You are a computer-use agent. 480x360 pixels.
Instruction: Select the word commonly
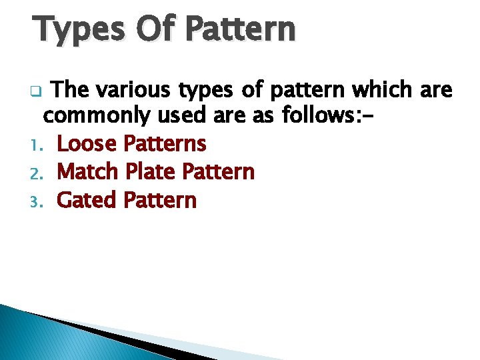coord(97,116)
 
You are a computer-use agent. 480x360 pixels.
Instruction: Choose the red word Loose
coord(87,143)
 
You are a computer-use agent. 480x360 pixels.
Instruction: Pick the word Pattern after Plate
coord(219,171)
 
